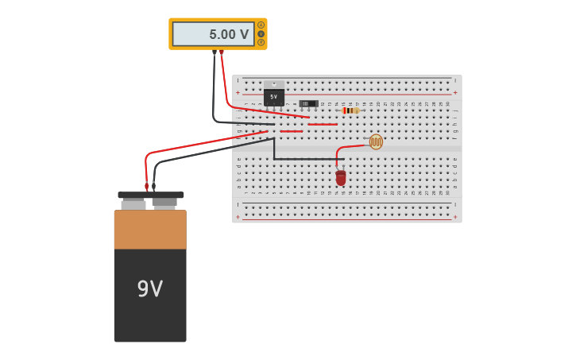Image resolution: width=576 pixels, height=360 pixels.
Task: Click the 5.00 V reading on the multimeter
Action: pos(229,34)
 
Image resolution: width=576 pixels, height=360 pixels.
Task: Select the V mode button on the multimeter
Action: pos(261,33)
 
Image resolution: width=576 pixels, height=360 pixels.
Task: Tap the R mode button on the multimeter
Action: pos(261,42)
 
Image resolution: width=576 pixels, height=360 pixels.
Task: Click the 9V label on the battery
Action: pos(149,288)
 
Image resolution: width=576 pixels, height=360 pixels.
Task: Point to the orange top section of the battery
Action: pos(150,229)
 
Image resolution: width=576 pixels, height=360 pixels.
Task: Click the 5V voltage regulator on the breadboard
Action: pos(274,97)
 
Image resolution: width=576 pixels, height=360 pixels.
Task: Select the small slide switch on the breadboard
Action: pos(308,103)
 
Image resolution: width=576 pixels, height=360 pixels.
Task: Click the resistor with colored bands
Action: pos(350,110)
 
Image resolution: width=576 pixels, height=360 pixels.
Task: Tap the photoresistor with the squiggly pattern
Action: pos(376,141)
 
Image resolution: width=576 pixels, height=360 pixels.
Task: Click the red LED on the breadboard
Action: pos(341,178)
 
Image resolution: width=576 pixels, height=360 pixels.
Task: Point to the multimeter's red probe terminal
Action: pos(222,52)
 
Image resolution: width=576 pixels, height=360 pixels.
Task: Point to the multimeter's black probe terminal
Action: pos(215,52)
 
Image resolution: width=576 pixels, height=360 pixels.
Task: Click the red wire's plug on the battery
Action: pos(146,187)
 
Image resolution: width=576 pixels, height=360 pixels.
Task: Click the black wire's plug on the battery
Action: pos(154,187)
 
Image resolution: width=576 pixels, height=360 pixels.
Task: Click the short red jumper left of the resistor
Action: pos(323,124)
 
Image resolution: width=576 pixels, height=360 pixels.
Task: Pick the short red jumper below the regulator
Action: pos(291,131)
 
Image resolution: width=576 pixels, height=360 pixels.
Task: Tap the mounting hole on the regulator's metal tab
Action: pos(274,83)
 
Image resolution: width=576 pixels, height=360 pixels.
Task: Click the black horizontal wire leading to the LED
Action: pos(306,159)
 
